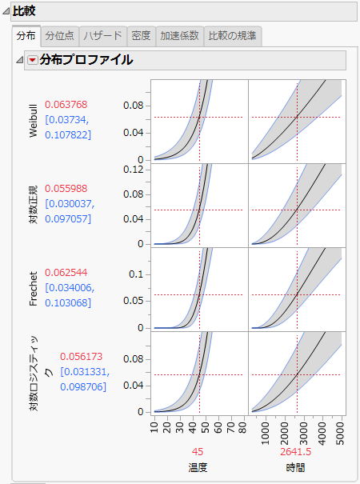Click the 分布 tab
tap(26, 36)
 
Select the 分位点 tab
tap(60, 36)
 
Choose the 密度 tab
tap(141, 36)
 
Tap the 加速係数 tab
tap(179, 36)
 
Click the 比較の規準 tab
tap(233, 36)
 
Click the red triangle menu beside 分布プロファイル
tap(32, 61)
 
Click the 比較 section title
tap(24, 11)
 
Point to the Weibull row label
tap(33, 121)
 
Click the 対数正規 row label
tap(33, 204)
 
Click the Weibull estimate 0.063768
tap(66, 104)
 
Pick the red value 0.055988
tap(66, 188)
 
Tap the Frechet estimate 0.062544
tap(66, 272)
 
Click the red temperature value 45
tap(198, 451)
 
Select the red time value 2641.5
tap(295, 451)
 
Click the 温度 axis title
tap(198, 467)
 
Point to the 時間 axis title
tap(295, 467)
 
